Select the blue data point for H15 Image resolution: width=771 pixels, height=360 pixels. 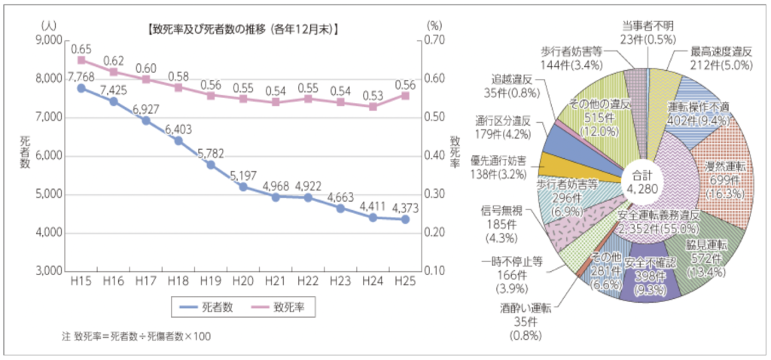pyautogui.click(x=81, y=88)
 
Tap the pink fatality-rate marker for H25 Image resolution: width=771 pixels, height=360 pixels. pyautogui.click(x=405, y=96)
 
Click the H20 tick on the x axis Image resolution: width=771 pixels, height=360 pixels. pyautogui.click(x=243, y=280)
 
